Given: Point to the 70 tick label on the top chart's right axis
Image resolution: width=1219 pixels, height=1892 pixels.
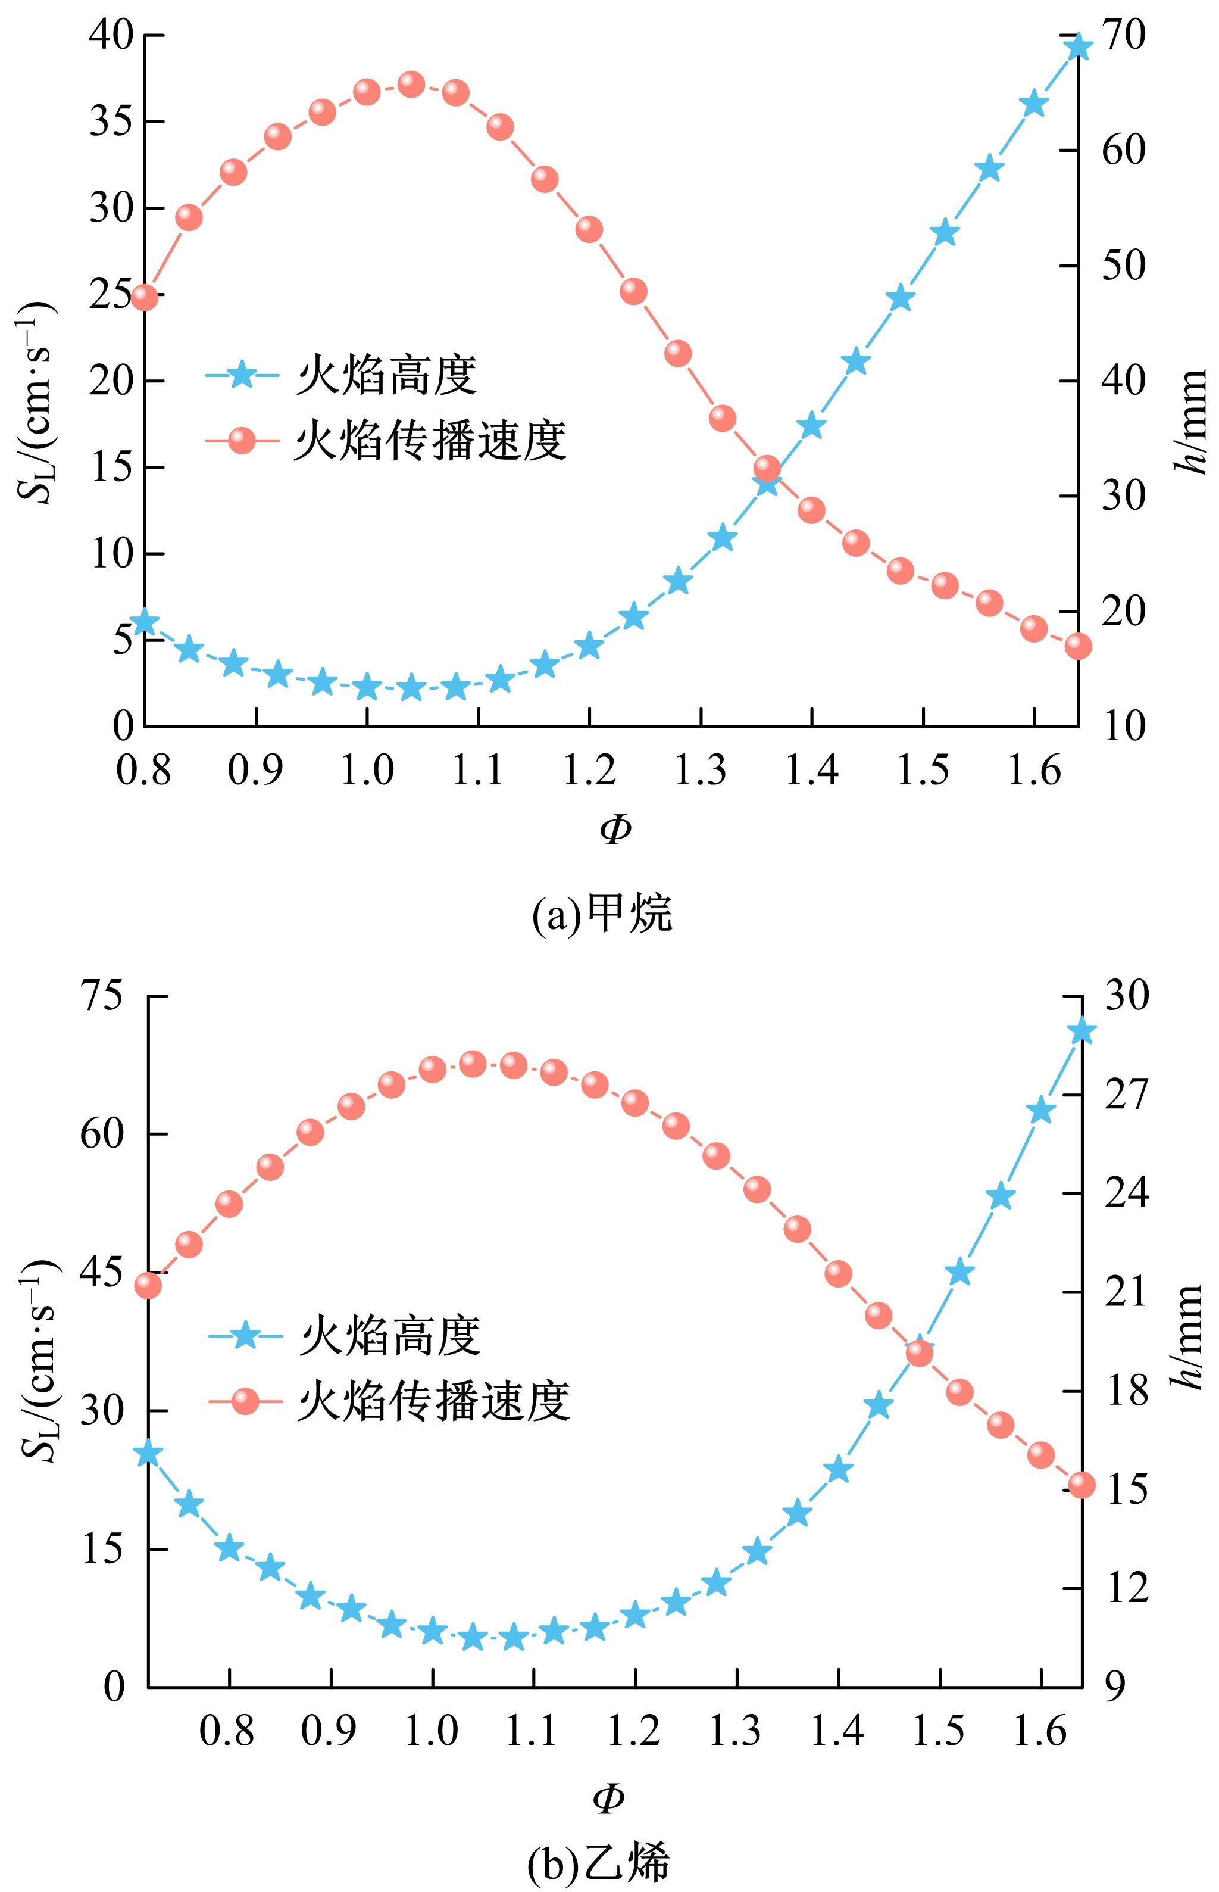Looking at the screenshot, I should tap(1123, 36).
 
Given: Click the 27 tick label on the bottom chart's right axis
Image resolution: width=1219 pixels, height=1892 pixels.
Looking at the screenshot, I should tap(1126, 1095).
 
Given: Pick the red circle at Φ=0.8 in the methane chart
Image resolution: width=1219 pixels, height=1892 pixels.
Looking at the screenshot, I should tap(144, 297).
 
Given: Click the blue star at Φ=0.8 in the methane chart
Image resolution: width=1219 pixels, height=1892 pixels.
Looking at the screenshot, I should tap(144, 622).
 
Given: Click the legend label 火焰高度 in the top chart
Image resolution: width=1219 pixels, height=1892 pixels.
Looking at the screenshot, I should tap(387, 375).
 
